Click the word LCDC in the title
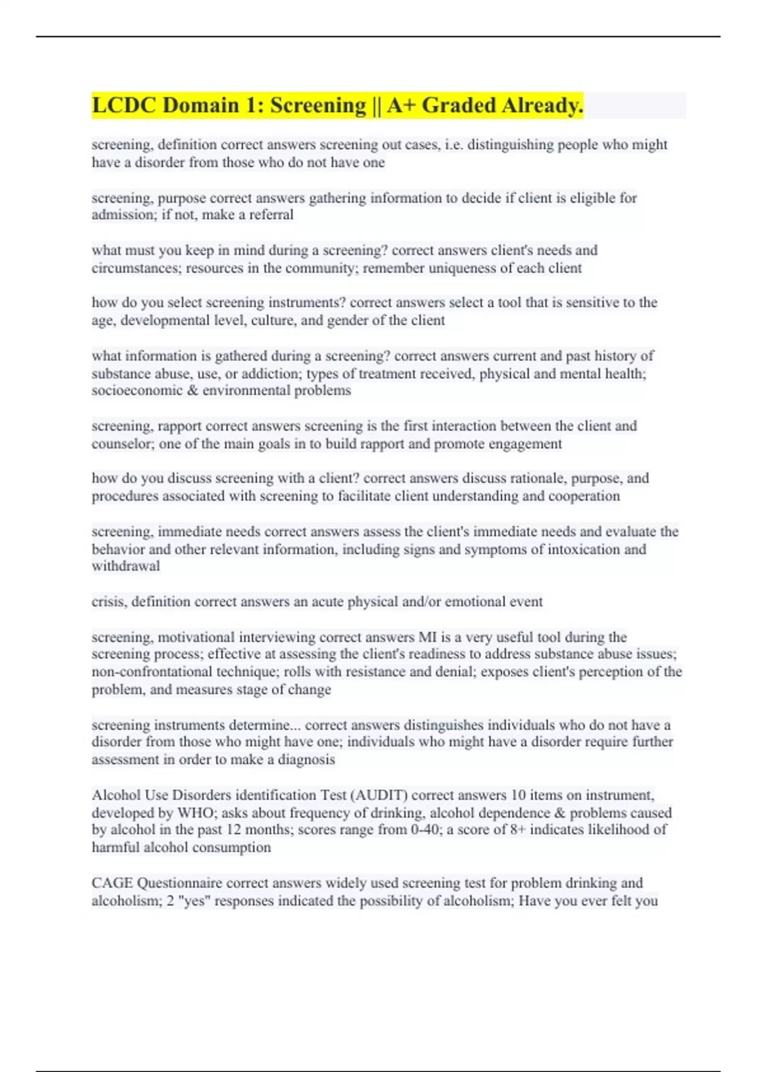click(124, 105)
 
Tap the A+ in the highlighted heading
click(401, 105)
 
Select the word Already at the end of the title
click(542, 105)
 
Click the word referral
click(271, 214)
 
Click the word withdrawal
click(126, 566)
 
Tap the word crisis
click(109, 602)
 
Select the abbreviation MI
click(427, 637)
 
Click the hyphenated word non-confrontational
click(151, 672)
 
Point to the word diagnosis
click(305, 759)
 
